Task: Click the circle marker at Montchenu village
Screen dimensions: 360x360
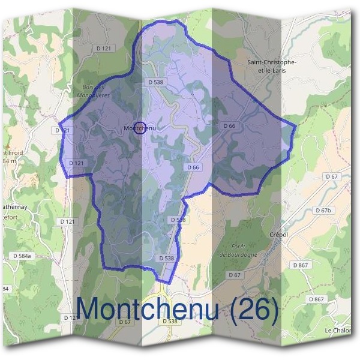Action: pyautogui.click(x=139, y=128)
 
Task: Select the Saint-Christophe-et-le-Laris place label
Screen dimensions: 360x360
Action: pyautogui.click(x=272, y=65)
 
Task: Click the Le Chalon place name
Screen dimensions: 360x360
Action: pyautogui.click(x=337, y=331)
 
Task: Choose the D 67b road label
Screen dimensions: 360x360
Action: pyautogui.click(x=323, y=211)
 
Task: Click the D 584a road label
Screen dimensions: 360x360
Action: pyautogui.click(x=23, y=256)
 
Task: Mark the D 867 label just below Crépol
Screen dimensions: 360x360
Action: pyautogui.click(x=301, y=265)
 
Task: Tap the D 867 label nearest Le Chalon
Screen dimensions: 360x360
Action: pyautogui.click(x=316, y=299)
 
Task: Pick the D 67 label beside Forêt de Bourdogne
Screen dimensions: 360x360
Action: pyautogui.click(x=234, y=274)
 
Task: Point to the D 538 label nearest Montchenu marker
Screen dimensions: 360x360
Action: pyautogui.click(x=155, y=82)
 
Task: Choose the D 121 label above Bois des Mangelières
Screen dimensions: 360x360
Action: pyautogui.click(x=104, y=48)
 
